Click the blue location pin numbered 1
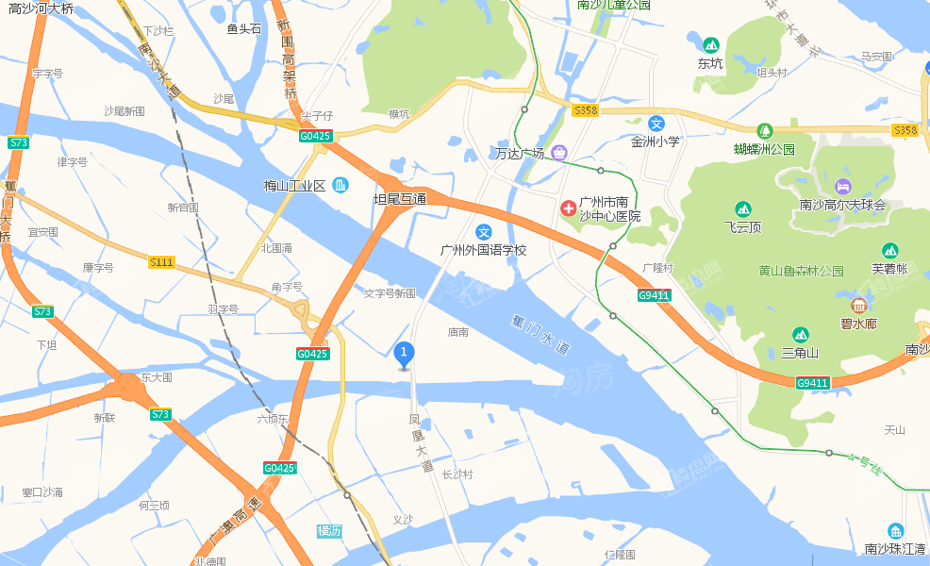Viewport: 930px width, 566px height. [x=404, y=355]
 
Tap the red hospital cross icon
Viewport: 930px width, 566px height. [x=569, y=208]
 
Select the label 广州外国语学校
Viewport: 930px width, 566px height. [x=484, y=251]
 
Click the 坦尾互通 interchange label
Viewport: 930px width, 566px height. [x=400, y=199]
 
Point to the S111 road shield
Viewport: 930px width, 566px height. [x=161, y=262]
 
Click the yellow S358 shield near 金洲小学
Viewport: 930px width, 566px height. [x=586, y=110]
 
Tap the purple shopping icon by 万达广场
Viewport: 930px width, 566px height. [x=559, y=152]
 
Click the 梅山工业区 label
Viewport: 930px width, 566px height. [x=294, y=186]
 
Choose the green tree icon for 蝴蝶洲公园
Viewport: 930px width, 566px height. [x=765, y=131]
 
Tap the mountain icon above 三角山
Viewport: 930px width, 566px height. [x=800, y=335]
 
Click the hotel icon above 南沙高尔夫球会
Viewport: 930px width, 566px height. [x=842, y=185]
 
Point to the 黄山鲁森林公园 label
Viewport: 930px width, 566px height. [x=801, y=271]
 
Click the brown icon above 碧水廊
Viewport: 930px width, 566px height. [x=858, y=305]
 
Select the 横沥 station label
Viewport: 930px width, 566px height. [x=329, y=531]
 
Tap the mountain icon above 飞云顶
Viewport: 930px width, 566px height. [x=742, y=208]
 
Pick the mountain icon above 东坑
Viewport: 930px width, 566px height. [x=710, y=44]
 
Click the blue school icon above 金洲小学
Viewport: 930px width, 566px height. [x=656, y=124]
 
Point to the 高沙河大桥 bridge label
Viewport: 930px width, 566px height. [x=41, y=8]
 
